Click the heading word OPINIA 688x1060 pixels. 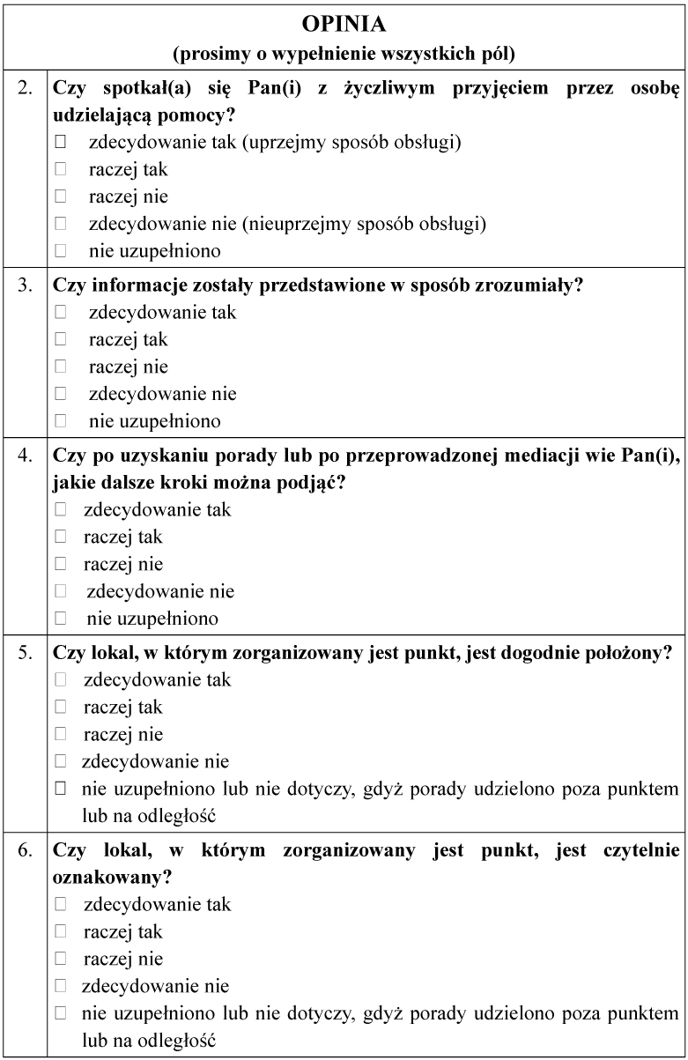click(x=344, y=24)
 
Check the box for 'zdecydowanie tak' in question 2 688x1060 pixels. click(x=61, y=142)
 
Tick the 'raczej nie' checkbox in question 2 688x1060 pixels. click(x=61, y=196)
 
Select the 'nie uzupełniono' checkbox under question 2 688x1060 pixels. click(x=61, y=251)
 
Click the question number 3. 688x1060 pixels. click(x=26, y=285)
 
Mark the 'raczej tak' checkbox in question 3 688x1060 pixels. click(x=61, y=339)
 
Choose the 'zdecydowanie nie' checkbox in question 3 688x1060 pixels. click(x=61, y=394)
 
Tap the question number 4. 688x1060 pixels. click(x=26, y=456)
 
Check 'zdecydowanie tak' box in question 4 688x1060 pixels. click(x=61, y=509)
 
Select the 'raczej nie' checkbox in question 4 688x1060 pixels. click(x=61, y=564)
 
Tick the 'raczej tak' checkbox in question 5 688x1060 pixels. click(x=61, y=707)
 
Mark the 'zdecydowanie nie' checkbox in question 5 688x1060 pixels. click(x=61, y=761)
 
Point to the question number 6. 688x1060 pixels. click(x=26, y=850)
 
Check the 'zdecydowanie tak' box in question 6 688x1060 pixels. click(x=61, y=904)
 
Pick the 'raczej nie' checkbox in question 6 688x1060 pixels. click(x=61, y=959)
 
